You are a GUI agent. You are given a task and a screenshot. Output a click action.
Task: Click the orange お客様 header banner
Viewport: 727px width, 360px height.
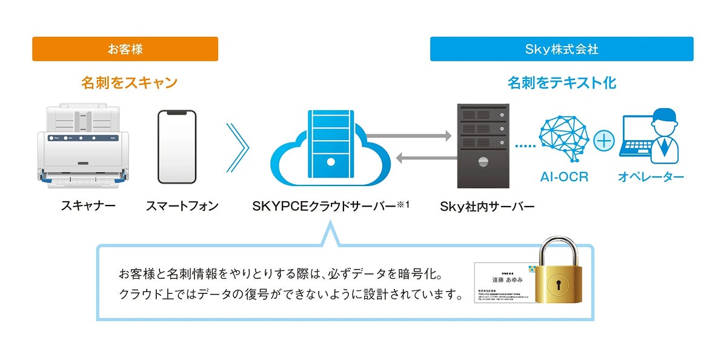(125, 49)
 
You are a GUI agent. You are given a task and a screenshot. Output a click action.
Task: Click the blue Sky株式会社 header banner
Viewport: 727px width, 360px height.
(562, 49)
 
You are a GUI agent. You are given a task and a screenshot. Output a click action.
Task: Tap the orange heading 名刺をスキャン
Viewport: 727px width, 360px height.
(129, 82)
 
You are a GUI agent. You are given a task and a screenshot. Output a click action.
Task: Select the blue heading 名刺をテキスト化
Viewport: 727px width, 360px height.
(562, 82)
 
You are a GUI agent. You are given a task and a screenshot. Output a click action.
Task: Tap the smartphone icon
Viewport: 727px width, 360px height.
(177, 147)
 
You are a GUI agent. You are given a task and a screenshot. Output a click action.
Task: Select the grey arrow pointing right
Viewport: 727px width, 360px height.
(409, 136)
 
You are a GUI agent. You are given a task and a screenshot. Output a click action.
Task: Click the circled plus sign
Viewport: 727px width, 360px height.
(604, 141)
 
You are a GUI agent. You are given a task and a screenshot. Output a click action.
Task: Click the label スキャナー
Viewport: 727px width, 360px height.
(88, 206)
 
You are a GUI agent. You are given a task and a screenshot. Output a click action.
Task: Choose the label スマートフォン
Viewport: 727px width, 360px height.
(182, 206)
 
